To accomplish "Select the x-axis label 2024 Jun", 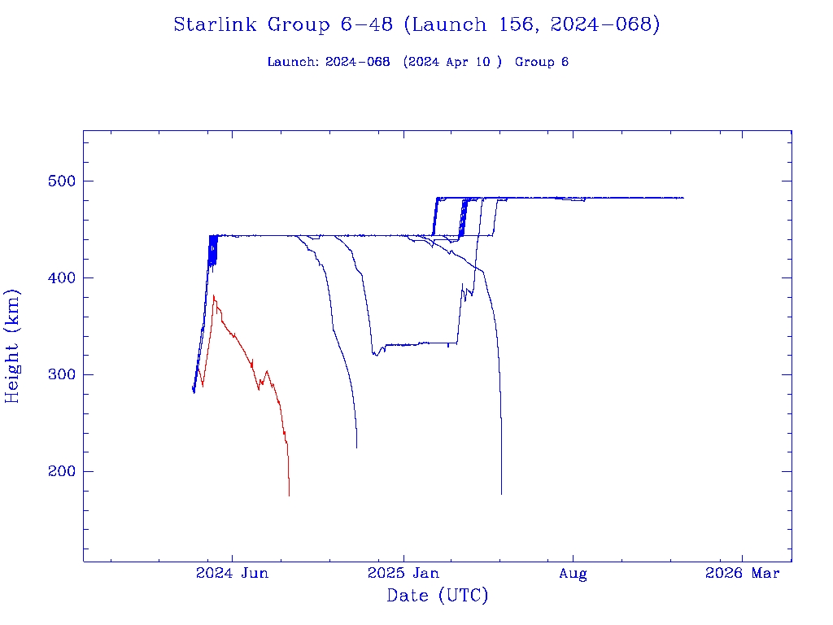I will click(232, 574).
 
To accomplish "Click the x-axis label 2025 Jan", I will click(403, 574).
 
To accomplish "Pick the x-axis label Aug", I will click(573, 574).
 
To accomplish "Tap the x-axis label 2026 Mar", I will click(742, 574).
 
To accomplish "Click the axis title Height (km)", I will click(13, 345).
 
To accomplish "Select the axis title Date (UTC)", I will click(437, 597).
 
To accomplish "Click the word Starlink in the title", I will click(216, 25).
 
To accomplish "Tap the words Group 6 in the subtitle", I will click(541, 63).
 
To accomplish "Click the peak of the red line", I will click(213, 296).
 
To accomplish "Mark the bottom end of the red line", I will click(289, 495).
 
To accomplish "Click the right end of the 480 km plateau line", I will click(683, 198).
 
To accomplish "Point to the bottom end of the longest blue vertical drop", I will click(501, 493).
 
